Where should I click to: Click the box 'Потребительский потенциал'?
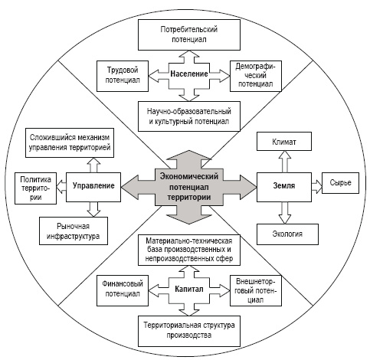(189, 34)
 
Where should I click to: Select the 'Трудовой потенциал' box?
(123, 76)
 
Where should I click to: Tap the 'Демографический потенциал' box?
(256, 76)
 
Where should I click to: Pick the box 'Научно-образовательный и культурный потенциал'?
(189, 116)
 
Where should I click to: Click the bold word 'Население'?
(189, 74)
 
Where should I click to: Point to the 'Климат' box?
(284, 142)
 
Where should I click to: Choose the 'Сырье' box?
(340, 183)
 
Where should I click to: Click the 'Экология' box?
(287, 234)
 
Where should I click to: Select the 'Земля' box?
(284, 187)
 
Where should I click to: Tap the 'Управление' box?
(93, 187)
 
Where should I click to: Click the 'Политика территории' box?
(35, 188)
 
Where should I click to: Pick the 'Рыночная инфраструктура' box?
(74, 231)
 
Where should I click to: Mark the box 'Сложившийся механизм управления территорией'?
(70, 142)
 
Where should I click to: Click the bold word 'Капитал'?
(189, 290)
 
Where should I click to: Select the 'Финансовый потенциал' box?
(123, 290)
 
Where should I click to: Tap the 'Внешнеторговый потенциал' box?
(256, 290)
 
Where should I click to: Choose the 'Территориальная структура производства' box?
(189, 331)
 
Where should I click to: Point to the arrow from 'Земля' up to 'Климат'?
(285, 162)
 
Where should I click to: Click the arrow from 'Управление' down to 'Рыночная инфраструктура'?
(93, 209)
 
